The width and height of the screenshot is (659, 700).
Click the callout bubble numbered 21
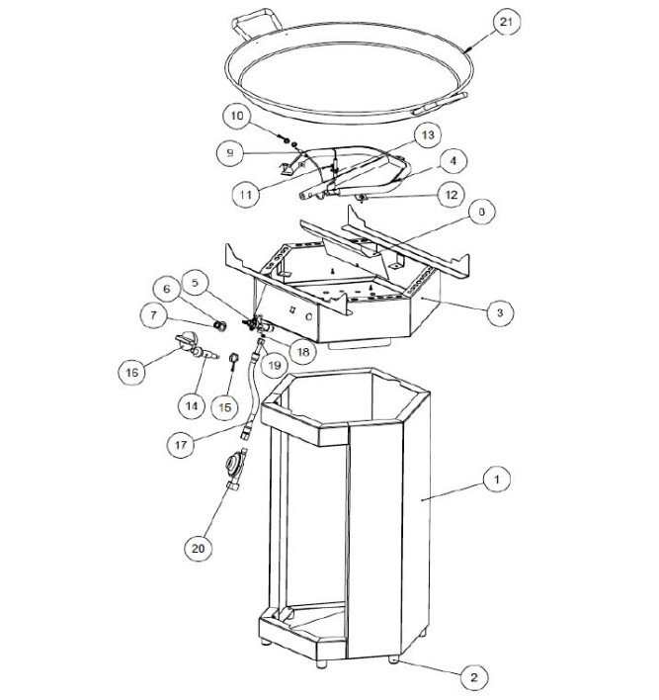click(x=507, y=21)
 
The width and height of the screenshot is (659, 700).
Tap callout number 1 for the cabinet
click(x=497, y=479)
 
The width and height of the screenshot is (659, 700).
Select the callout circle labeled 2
click(x=474, y=677)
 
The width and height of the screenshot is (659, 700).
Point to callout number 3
click(x=500, y=312)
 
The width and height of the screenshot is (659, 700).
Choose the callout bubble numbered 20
click(x=199, y=548)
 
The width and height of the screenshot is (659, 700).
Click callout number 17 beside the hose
click(x=181, y=445)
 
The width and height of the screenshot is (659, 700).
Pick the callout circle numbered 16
click(x=132, y=372)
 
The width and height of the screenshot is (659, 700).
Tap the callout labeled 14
click(x=192, y=405)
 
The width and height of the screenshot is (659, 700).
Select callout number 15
click(x=225, y=406)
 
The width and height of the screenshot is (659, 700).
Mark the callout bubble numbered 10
click(x=237, y=116)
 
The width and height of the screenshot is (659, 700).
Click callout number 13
click(x=428, y=134)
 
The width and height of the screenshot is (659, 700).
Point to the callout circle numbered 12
click(x=452, y=194)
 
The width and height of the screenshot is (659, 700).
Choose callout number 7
click(x=154, y=315)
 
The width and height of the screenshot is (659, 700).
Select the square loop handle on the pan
click(x=258, y=23)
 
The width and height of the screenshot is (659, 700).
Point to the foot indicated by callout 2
click(x=393, y=658)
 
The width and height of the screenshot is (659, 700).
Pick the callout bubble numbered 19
click(x=274, y=365)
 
